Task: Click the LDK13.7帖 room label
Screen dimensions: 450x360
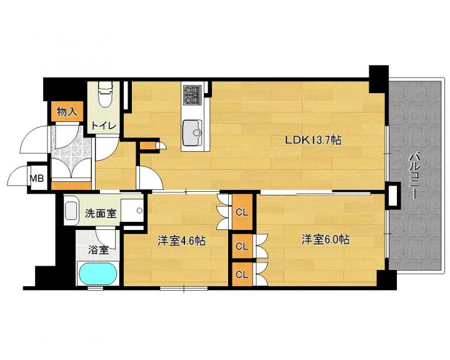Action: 313,141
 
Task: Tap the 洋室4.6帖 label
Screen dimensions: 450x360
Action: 181,241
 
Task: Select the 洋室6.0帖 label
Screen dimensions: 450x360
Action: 325,239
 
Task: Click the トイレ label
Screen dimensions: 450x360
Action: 104,126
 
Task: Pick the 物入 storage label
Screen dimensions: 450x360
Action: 67,111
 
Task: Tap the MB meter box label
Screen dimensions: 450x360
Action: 37,179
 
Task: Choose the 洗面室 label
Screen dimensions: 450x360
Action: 101,213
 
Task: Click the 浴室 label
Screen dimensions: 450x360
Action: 99,250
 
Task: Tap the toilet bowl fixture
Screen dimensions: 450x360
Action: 104,94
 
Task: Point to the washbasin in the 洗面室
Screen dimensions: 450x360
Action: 71,211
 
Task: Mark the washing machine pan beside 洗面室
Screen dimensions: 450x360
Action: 132,210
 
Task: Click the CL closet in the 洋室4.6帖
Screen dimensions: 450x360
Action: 242,212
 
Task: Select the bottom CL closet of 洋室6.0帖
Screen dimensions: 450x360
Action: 242,274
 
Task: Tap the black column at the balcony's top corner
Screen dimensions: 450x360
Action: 379,79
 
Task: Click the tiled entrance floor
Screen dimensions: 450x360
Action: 71,151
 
